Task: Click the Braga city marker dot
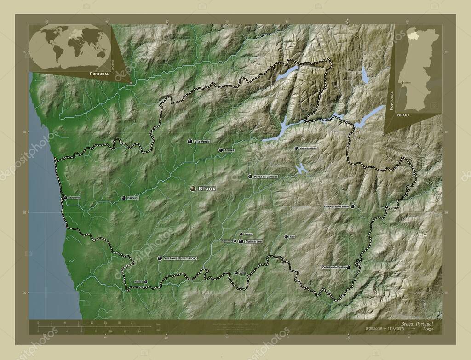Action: pyautogui.click(x=193, y=189)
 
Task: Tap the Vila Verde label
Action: pyautogui.click(x=202, y=142)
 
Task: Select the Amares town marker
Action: pyautogui.click(x=221, y=150)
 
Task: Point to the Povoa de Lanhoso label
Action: pyautogui.click(x=266, y=177)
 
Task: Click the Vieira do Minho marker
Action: pyautogui.click(x=297, y=149)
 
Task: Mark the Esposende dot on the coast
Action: pyautogui.click(x=65, y=198)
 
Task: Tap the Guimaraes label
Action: pyautogui.click(x=253, y=241)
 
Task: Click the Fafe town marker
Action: pyautogui.click(x=286, y=237)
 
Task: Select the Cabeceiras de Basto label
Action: pyautogui.click(x=337, y=207)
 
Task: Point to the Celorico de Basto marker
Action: pyautogui.click(x=348, y=267)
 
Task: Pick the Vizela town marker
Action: pyautogui.click(x=236, y=273)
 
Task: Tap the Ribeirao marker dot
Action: pyautogui.click(x=146, y=282)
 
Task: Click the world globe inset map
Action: pyautogui.click(x=69, y=46)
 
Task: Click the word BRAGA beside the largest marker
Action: pyautogui.click(x=207, y=189)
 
